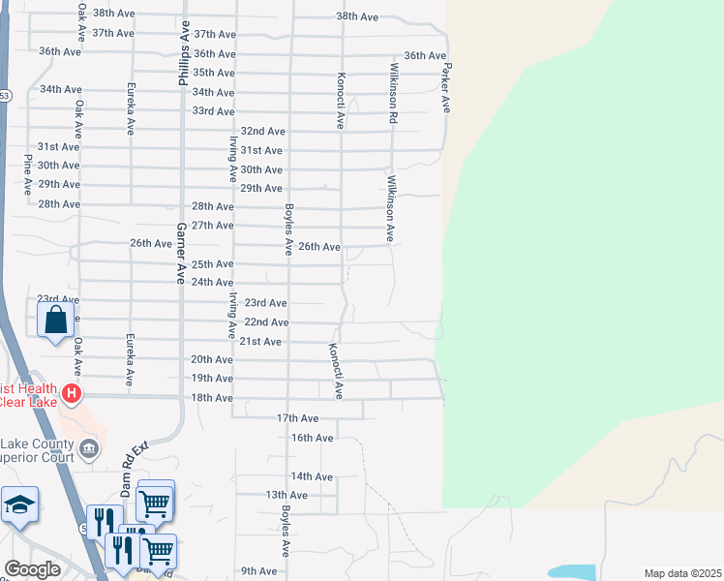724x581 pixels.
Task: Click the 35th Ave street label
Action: [x=213, y=73]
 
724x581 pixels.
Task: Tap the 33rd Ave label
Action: [x=213, y=111]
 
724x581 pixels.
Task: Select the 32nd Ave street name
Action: [x=263, y=131]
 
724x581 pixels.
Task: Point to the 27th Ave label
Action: [x=213, y=226]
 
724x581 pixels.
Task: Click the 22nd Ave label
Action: [x=266, y=322]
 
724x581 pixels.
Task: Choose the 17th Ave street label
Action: [x=297, y=418]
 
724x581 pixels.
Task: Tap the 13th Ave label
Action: [x=287, y=495]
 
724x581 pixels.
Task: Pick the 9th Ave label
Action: [x=259, y=571]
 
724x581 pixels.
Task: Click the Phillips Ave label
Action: [x=181, y=57]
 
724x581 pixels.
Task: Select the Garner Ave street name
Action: [x=180, y=254]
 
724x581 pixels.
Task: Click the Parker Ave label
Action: [x=447, y=88]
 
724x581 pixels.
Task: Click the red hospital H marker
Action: [x=71, y=393]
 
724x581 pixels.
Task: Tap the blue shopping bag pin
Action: [x=55, y=318]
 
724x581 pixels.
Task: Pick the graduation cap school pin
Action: [x=19, y=505]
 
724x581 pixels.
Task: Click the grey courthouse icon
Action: [x=89, y=447]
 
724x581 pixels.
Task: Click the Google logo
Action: [x=32, y=569]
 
